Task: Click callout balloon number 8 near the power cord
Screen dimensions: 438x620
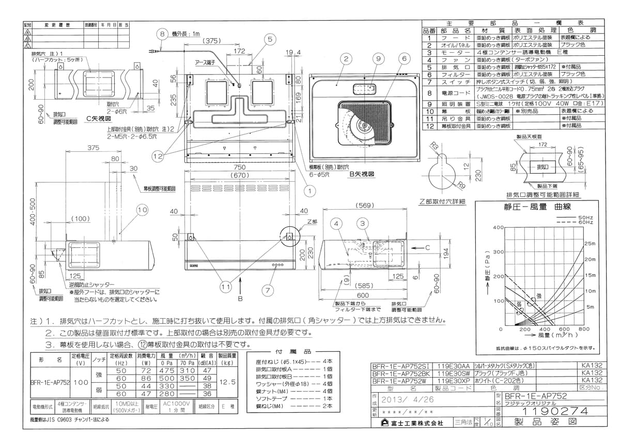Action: click(x=163, y=35)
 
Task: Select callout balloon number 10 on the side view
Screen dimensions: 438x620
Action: click(x=143, y=210)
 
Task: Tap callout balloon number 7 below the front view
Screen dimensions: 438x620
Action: click(x=267, y=290)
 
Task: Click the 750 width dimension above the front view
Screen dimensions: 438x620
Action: click(x=239, y=167)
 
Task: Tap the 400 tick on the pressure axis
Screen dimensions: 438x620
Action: click(x=498, y=228)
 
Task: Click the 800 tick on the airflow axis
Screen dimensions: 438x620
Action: click(x=584, y=329)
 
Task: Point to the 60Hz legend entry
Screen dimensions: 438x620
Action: click(x=585, y=222)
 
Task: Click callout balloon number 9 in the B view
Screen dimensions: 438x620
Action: click(x=378, y=59)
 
